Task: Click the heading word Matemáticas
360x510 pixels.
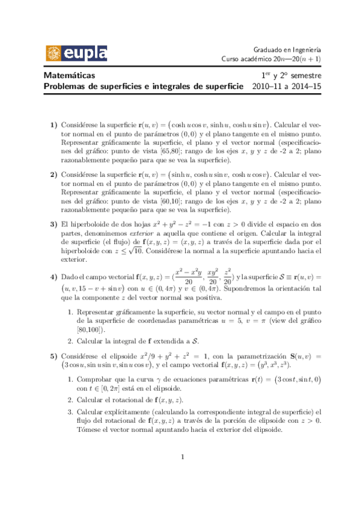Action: (70, 76)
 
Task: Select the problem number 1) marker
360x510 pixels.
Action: (53, 124)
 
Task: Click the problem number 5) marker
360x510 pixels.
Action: (53, 357)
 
